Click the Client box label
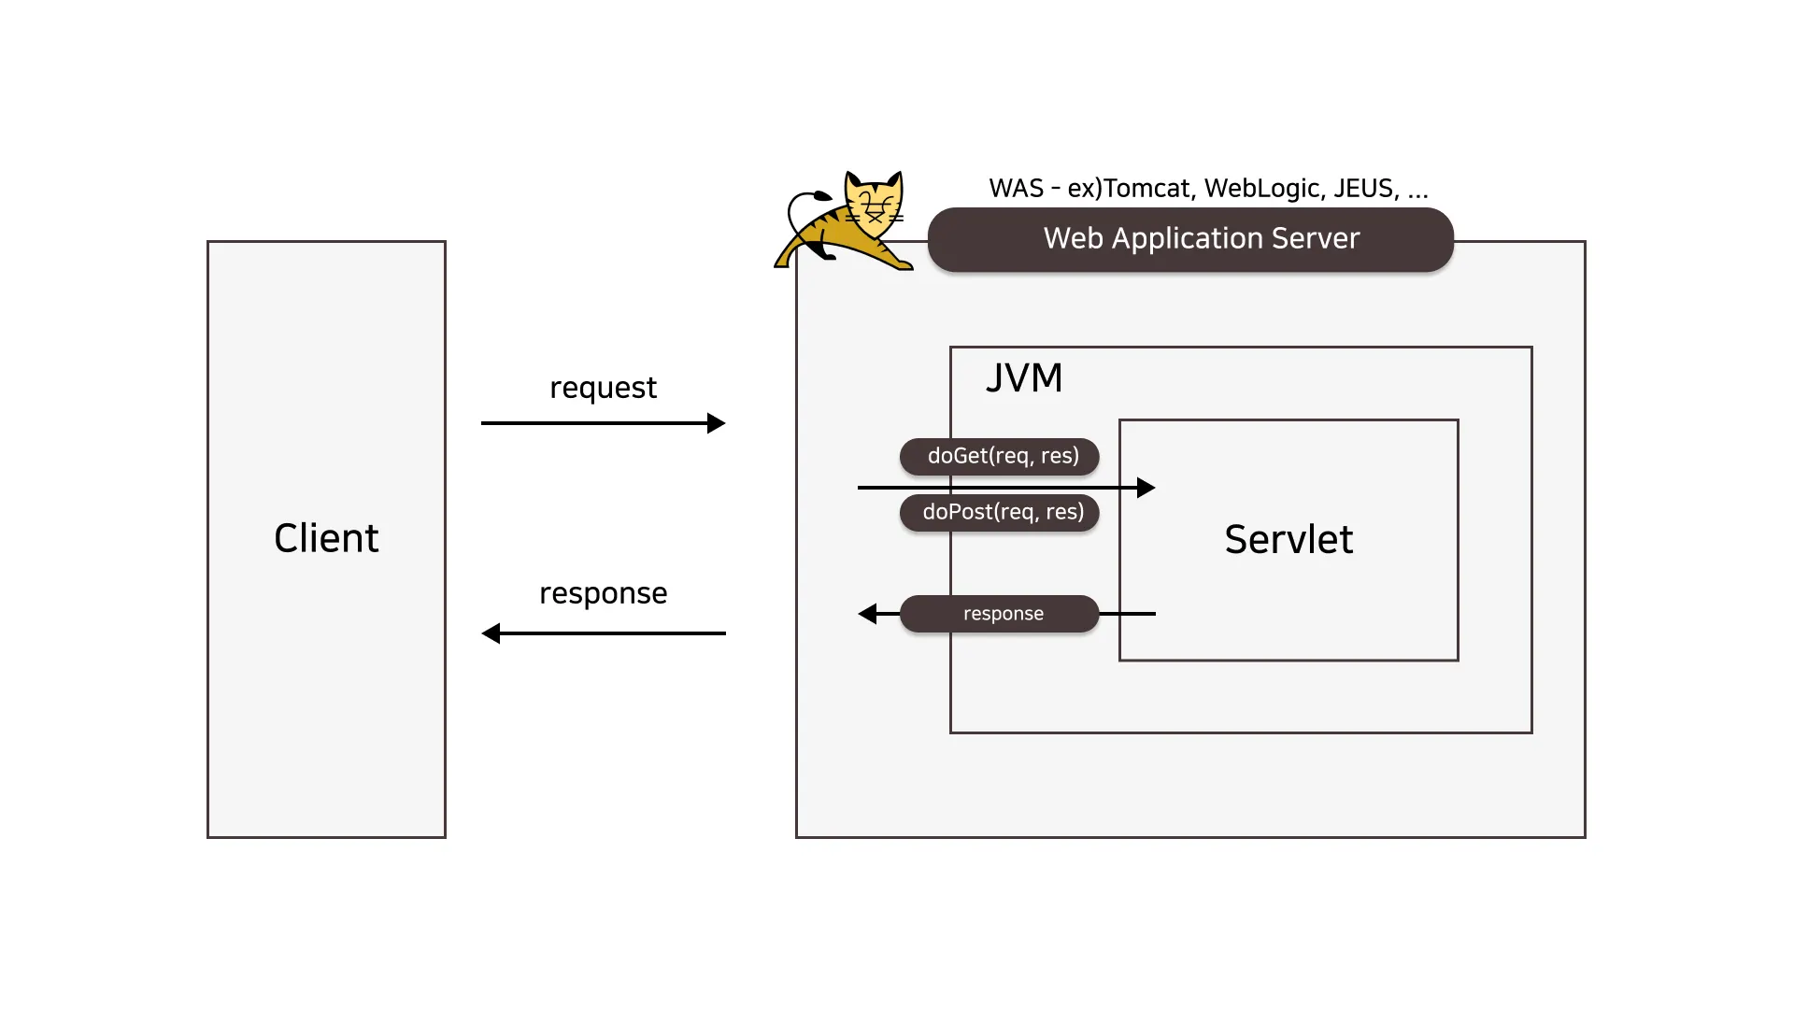[x=326, y=538]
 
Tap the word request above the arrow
[x=603, y=388]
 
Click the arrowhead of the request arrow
[x=717, y=423]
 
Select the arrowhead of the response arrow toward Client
[x=491, y=633]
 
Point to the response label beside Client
[x=603, y=593]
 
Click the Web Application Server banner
[x=1190, y=239]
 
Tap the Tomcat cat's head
[x=875, y=202]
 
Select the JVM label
[x=1024, y=378]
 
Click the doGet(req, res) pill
[x=1000, y=456]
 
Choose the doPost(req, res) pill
[x=1000, y=512]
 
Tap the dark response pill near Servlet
[x=1000, y=614]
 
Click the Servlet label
[x=1289, y=540]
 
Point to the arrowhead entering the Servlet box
[x=1146, y=488]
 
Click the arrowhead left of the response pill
[x=868, y=614]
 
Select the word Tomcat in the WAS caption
[x=1147, y=189]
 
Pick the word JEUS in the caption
[x=1364, y=189]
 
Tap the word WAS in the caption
[x=1016, y=189]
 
